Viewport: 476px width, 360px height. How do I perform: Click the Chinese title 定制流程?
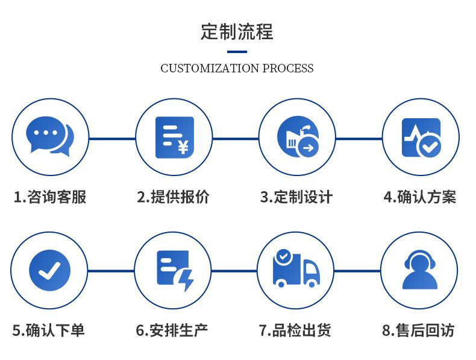pos(237,31)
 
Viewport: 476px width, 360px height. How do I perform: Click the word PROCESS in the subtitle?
pos(287,68)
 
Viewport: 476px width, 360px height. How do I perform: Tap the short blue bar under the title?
pos(237,51)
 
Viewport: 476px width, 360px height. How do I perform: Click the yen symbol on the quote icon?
pos(183,147)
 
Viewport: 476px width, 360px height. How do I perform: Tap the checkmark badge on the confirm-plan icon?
pos(430,145)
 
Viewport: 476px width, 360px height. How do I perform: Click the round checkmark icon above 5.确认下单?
pos(50,270)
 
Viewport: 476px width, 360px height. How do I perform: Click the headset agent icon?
pos(421,270)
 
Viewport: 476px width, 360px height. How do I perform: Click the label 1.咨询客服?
pos(50,197)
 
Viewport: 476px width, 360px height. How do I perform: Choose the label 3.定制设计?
pos(296,197)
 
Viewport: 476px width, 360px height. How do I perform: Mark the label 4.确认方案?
pos(420,197)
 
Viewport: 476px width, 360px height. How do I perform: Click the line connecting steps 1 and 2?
pos(112,138)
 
